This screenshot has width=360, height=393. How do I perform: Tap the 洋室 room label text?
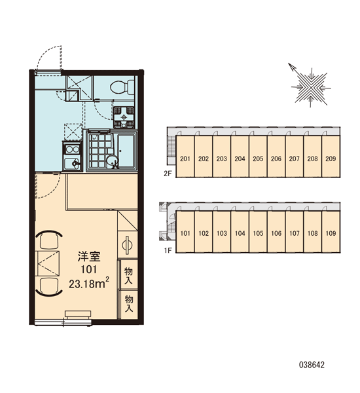click(x=89, y=256)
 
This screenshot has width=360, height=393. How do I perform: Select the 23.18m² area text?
click(x=89, y=283)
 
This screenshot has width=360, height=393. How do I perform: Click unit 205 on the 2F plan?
click(x=258, y=157)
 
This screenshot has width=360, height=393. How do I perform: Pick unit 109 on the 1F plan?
click(x=331, y=232)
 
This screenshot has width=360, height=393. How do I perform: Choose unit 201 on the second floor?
click(x=185, y=157)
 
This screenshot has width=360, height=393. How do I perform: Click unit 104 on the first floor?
click(x=240, y=232)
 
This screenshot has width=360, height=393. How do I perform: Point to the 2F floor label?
click(x=168, y=173)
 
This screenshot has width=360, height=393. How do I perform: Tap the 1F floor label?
click(x=168, y=250)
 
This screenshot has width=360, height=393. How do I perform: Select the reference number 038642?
click(x=312, y=365)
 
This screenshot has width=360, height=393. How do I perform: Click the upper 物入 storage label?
click(x=128, y=276)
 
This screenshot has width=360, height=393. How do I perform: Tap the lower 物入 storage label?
click(x=129, y=304)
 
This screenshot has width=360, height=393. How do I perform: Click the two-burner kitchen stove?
click(x=72, y=149)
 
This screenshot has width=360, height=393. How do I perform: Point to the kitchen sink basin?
click(x=72, y=164)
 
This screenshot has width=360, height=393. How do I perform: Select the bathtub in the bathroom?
click(x=127, y=151)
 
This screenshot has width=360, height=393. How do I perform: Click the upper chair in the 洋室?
click(x=49, y=240)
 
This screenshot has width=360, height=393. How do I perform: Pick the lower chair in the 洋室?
click(x=49, y=287)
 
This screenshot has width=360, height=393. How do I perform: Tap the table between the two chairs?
click(x=48, y=263)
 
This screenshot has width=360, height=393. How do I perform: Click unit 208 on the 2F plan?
click(x=312, y=157)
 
